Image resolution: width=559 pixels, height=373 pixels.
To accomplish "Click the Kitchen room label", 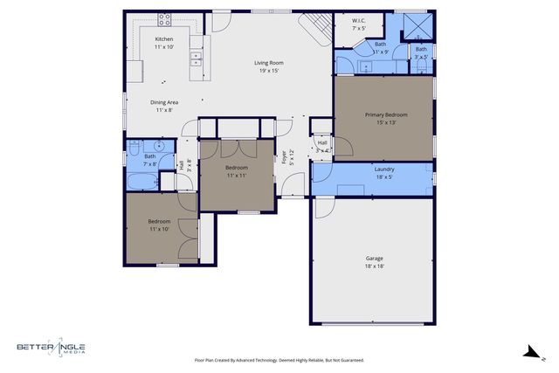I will click(x=164, y=39).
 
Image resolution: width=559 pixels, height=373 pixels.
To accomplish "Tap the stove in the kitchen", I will click(x=164, y=19).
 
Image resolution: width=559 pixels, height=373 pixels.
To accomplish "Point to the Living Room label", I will click(x=267, y=63).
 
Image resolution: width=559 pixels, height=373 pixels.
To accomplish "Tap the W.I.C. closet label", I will click(x=359, y=20).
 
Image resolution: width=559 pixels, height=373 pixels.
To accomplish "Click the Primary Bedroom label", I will click(x=385, y=114).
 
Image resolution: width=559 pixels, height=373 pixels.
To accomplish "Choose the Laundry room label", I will click(x=384, y=169).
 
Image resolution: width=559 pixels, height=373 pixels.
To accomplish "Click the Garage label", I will click(x=374, y=258).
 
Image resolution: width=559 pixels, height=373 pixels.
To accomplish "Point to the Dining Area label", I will click(x=164, y=102).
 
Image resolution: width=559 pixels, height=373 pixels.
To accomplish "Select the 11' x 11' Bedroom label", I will click(x=237, y=167).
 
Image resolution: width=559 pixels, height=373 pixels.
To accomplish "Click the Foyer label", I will click(x=284, y=158).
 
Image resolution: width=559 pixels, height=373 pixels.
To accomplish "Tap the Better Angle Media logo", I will click(x=50, y=349).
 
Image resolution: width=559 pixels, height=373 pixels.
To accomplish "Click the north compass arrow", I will click(x=530, y=352).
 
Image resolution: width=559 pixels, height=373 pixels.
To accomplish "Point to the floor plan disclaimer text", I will click(x=279, y=360).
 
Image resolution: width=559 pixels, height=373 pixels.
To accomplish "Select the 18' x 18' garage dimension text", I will click(x=374, y=266).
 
